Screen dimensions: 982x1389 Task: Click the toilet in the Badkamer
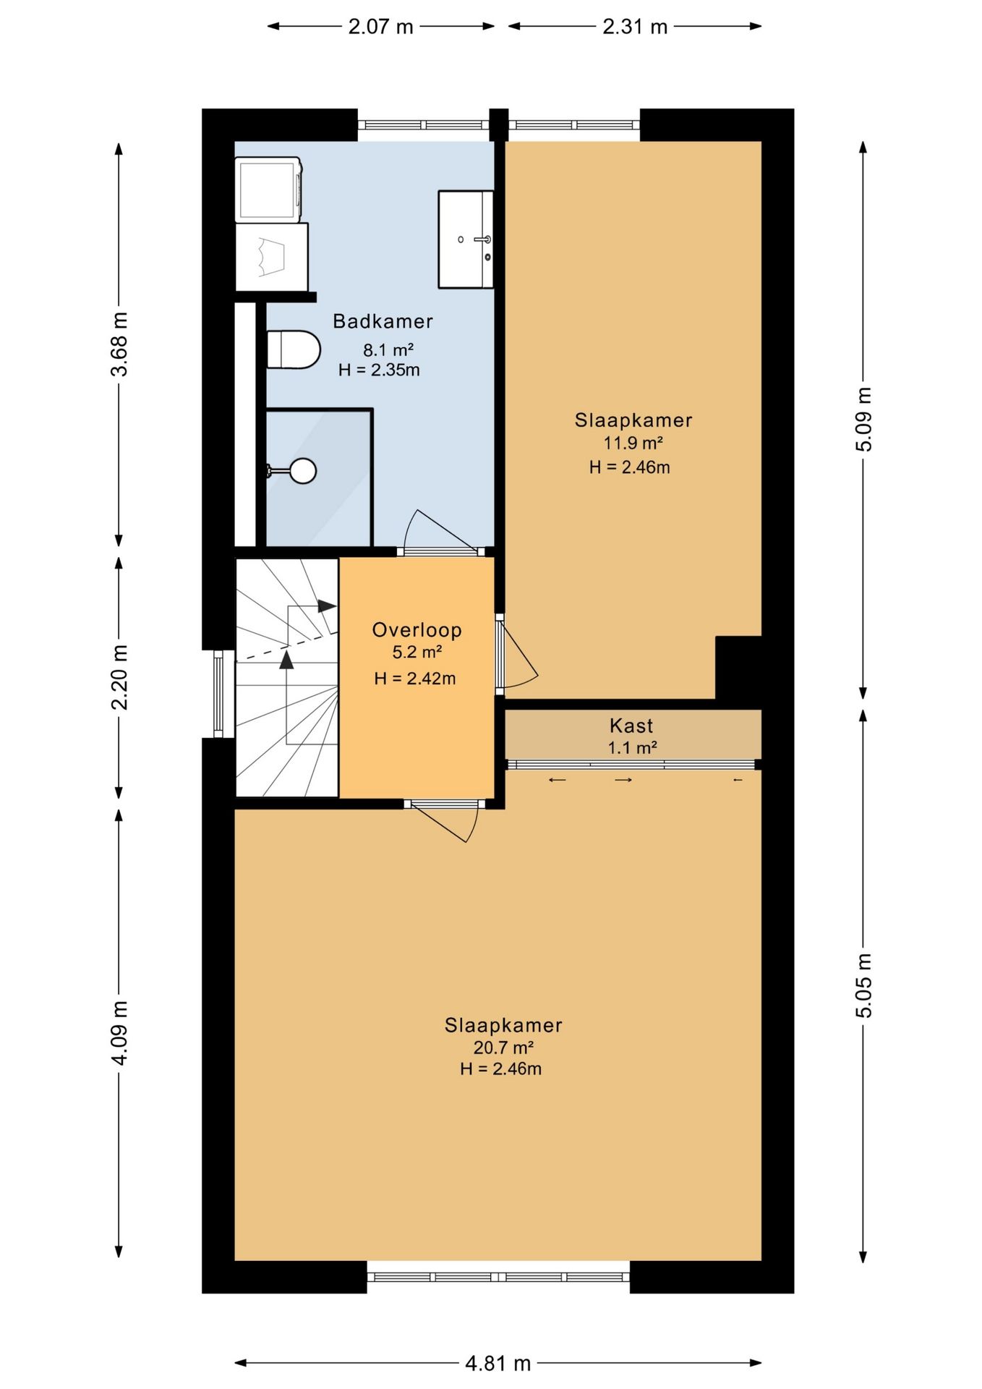(x=293, y=349)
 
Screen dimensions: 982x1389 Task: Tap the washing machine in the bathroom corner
(x=268, y=190)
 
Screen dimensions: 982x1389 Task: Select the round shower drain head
(x=303, y=471)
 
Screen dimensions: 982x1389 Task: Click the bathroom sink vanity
(x=466, y=239)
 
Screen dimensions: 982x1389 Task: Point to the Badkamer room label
(x=383, y=321)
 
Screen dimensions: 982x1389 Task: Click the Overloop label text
(x=417, y=629)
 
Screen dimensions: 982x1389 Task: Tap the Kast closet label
(x=631, y=726)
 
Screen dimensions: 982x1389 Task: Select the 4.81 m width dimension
(x=498, y=1364)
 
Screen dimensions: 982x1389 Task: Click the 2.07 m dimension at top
(x=380, y=27)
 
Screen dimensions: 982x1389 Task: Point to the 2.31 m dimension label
(x=635, y=27)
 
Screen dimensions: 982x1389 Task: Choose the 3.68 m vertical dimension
(x=119, y=344)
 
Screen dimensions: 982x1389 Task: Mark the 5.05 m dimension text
(x=864, y=986)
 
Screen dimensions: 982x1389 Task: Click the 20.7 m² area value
(x=503, y=1048)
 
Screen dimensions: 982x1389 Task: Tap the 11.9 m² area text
(x=633, y=443)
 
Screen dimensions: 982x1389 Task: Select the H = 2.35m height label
(x=379, y=370)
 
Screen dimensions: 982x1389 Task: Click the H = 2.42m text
(x=415, y=678)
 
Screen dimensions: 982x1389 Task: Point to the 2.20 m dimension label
(x=119, y=677)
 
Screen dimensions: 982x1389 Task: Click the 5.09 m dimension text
(x=864, y=420)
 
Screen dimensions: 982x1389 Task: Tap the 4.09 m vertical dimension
(x=119, y=1033)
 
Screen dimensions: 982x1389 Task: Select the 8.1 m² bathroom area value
(x=388, y=350)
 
